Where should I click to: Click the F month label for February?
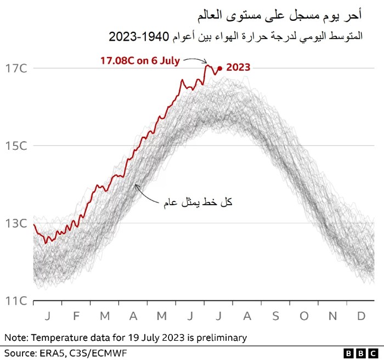tap(76, 316)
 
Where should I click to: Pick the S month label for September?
tap(275, 316)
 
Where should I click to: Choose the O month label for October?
tap(304, 316)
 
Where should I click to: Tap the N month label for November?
tap(332, 316)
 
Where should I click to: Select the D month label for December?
tap(361, 316)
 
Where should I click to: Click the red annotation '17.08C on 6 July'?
tap(140, 60)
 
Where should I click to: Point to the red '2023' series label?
tap(238, 67)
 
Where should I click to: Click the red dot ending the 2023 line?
tap(219, 69)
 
